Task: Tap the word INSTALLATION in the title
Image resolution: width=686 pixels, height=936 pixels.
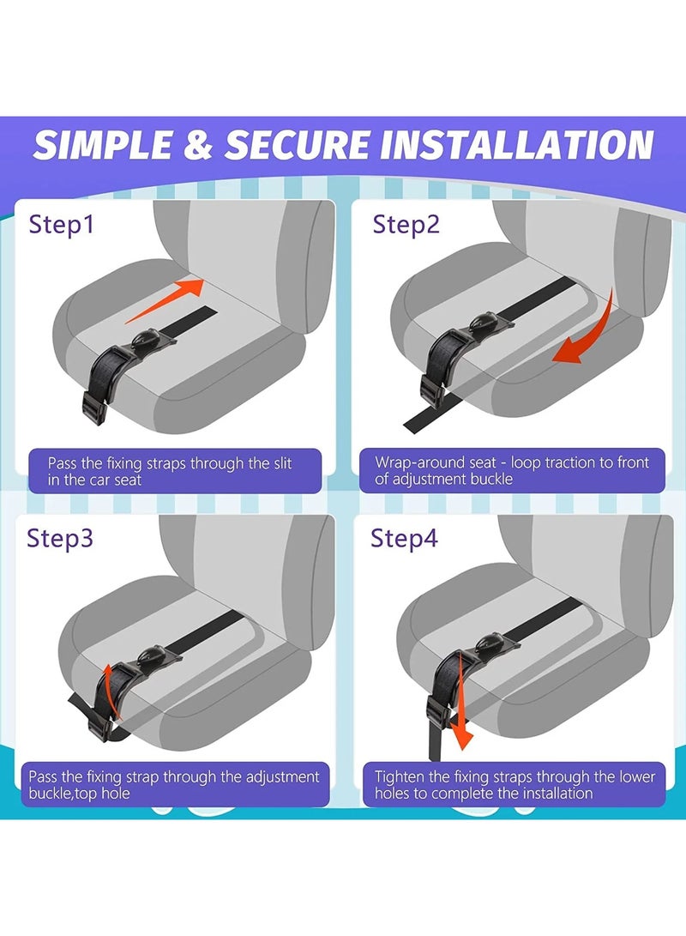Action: point(515,145)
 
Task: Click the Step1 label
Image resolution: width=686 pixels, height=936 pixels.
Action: point(62,226)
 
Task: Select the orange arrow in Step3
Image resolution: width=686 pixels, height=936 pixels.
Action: point(105,685)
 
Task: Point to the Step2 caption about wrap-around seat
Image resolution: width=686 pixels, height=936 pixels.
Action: point(512,470)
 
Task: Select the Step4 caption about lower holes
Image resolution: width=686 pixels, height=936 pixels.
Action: point(514,784)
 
